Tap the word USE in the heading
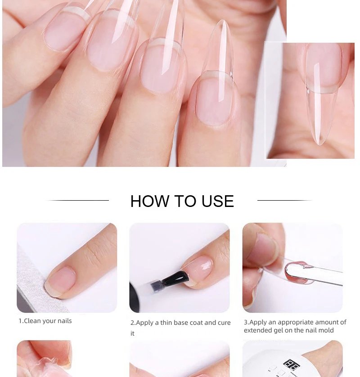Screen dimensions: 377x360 pyautogui.click(x=217, y=201)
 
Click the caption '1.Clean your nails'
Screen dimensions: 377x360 pyautogui.click(x=45, y=321)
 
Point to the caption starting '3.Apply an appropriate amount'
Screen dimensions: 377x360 pyautogui.click(x=295, y=322)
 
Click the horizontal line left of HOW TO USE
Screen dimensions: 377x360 pyautogui.click(x=77, y=200)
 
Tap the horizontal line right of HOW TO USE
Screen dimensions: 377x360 pyautogui.click(x=284, y=200)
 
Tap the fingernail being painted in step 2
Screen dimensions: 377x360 pyautogui.click(x=198, y=269)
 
